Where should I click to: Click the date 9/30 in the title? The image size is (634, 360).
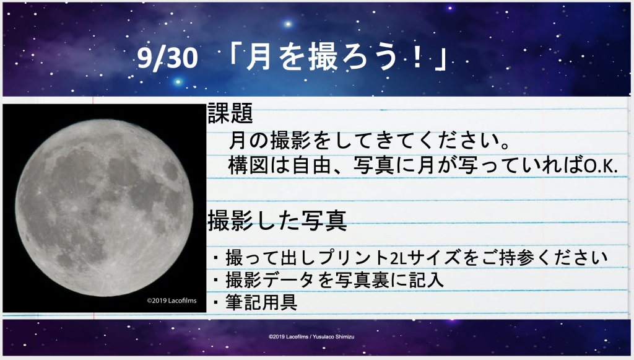(x=167, y=58)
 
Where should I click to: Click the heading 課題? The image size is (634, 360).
(x=230, y=113)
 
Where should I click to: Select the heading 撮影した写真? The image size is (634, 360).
(x=277, y=221)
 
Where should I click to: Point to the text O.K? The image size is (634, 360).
(x=601, y=166)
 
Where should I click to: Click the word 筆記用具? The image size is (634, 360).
(x=262, y=302)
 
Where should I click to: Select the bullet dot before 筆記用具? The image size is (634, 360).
(x=216, y=302)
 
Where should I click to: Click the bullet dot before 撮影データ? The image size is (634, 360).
(x=216, y=279)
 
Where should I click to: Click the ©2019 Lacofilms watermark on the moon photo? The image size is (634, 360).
(x=172, y=301)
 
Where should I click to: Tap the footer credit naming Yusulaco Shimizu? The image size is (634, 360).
(x=311, y=336)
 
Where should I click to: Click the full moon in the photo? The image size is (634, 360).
(x=104, y=208)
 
